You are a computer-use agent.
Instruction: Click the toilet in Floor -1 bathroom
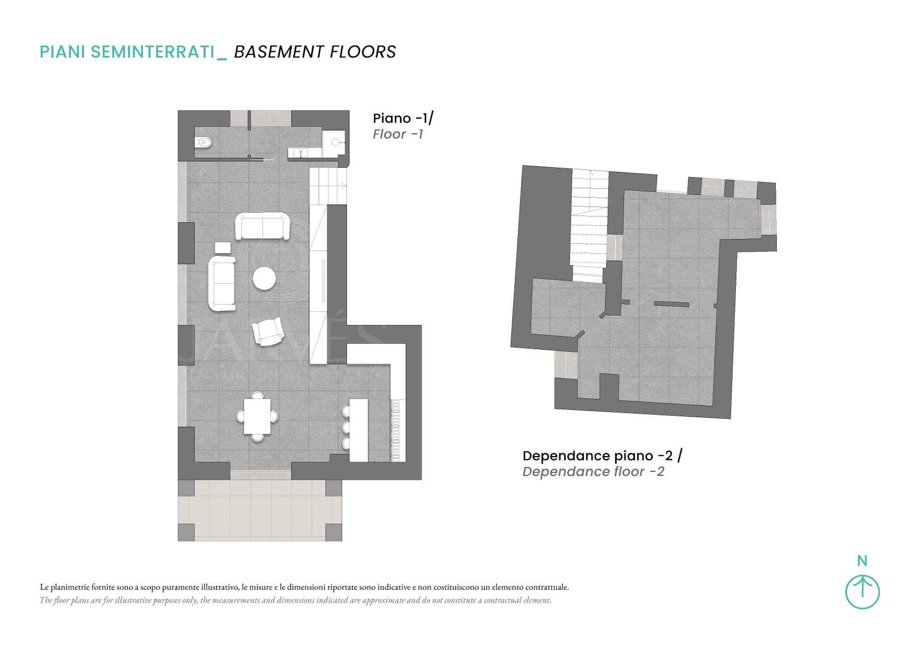(203, 142)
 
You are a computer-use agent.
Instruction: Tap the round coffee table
(264, 278)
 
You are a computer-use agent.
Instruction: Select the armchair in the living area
(268, 331)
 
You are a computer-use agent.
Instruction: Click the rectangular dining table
(257, 416)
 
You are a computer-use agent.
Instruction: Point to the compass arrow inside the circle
(862, 586)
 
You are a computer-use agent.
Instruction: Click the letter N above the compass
(862, 560)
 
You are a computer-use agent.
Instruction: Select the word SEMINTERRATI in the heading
(153, 52)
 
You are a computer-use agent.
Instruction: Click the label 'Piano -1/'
(403, 118)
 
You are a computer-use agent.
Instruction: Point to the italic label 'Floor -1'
(398, 134)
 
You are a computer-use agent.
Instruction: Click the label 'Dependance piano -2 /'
(602, 456)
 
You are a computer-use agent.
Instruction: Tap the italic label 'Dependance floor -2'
(593, 472)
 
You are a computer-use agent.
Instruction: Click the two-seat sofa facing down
(263, 226)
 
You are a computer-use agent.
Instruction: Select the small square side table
(223, 248)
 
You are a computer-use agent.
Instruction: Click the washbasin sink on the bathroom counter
(300, 153)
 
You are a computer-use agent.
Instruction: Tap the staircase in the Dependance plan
(589, 225)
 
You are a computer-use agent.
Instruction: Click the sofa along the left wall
(222, 284)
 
